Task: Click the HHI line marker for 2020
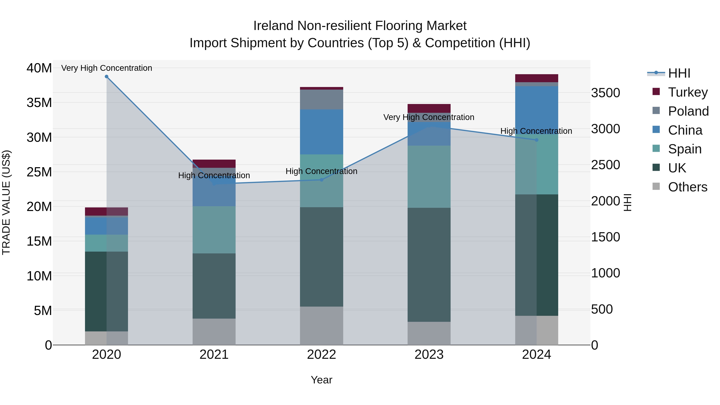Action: point(106,77)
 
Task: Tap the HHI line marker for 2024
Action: point(536,140)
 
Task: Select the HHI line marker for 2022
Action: point(321,180)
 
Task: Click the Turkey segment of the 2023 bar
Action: point(429,108)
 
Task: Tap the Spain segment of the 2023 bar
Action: point(429,176)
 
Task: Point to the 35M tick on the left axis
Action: point(39,103)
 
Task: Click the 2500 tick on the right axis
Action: point(605,165)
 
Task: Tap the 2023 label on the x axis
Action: point(429,355)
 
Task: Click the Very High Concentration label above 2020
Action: point(106,68)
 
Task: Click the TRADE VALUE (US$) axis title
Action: point(6,202)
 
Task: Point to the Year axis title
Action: point(321,380)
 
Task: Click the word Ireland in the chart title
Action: point(273,26)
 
